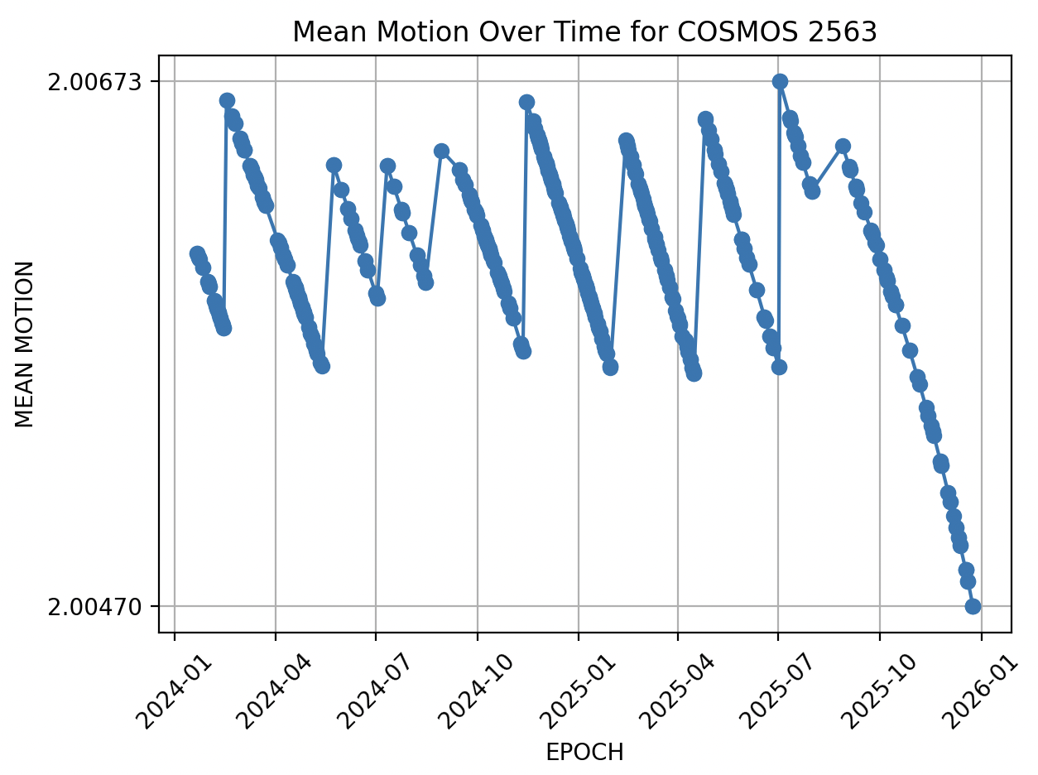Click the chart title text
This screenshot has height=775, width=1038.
click(584, 31)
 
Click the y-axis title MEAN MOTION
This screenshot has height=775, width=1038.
click(26, 344)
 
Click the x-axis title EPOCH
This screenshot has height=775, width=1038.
click(584, 752)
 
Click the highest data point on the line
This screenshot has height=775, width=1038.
click(780, 81)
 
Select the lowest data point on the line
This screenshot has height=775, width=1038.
click(973, 606)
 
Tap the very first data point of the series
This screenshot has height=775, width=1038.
click(196, 253)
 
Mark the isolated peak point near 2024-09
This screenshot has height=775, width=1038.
click(441, 151)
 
